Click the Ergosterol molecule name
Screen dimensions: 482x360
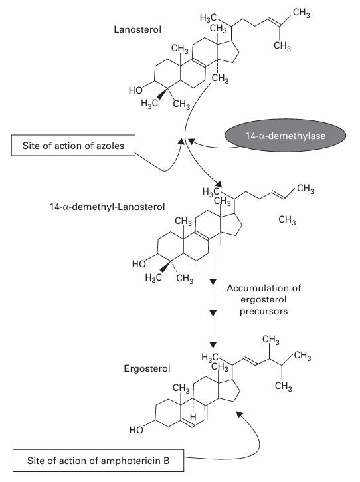tap(139, 366)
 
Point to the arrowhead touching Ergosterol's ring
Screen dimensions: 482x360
tap(237, 413)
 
